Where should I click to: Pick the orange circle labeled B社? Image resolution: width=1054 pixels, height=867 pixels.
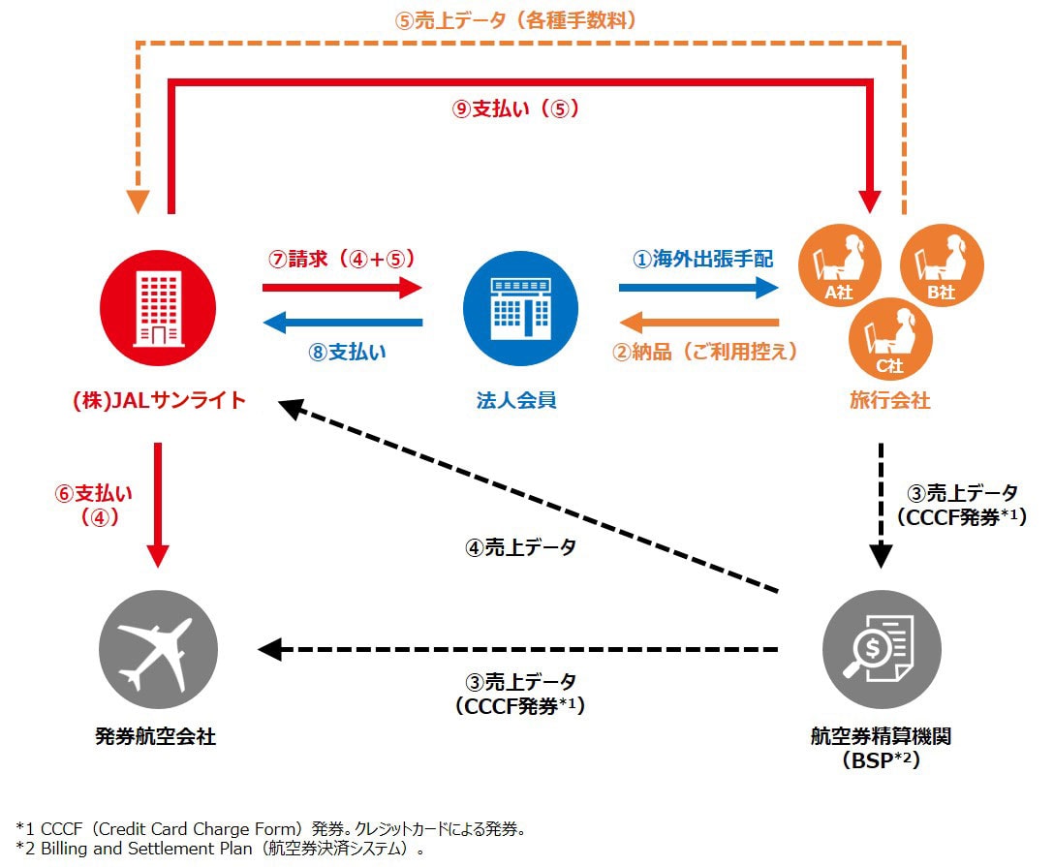click(942, 264)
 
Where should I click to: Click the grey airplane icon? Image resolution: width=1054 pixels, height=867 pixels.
click(159, 649)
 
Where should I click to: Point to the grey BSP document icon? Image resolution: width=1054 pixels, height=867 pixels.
click(881, 649)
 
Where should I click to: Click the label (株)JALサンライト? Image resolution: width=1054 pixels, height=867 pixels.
click(159, 400)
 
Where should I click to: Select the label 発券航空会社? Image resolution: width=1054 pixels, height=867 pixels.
click(157, 737)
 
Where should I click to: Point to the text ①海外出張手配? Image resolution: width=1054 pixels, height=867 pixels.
click(702, 259)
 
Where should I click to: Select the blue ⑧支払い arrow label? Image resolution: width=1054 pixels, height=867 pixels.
click(346, 352)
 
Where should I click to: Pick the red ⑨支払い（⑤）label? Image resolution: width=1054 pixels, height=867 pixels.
click(515, 109)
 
